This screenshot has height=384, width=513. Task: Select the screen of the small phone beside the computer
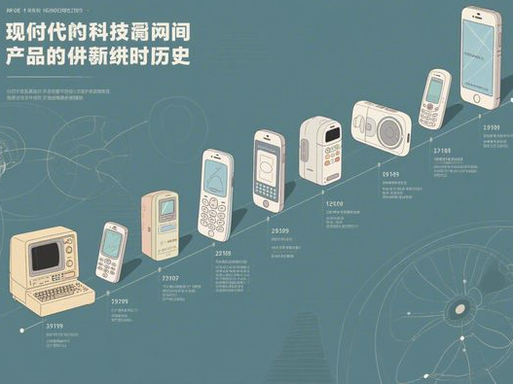click(x=114, y=240)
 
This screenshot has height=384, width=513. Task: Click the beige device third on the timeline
click(x=161, y=224)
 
